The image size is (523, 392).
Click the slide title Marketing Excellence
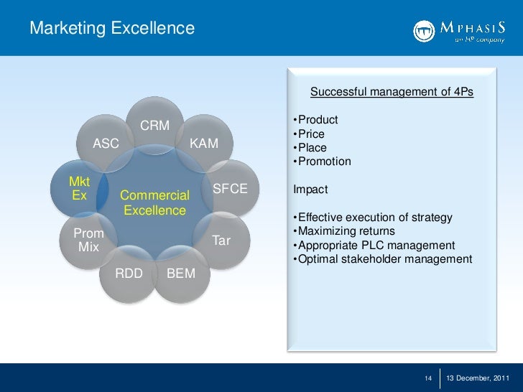tap(112, 28)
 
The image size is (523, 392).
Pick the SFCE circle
tap(230, 189)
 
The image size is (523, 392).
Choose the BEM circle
tap(180, 274)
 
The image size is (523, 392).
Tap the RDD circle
tap(129, 274)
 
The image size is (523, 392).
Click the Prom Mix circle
tap(88, 241)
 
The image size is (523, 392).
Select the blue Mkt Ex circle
tap(79, 188)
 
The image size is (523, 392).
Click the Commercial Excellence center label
tap(154, 202)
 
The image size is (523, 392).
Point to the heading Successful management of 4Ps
tap(392, 92)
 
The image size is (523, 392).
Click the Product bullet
tap(317, 120)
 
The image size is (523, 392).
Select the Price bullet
tap(310, 134)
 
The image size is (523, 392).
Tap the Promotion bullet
tap(323, 162)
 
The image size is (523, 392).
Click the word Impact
tap(310, 190)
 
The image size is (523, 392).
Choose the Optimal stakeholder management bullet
tap(384, 259)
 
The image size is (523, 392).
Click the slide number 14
tap(428, 378)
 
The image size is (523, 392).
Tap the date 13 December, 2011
tap(478, 378)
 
